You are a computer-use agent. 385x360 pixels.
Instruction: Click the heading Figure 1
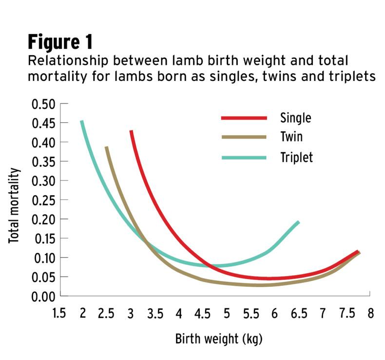coord(59,42)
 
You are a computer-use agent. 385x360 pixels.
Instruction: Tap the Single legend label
coord(295,118)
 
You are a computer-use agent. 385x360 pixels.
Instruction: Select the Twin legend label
coord(291,137)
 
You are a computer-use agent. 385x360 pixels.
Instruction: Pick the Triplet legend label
coord(296,157)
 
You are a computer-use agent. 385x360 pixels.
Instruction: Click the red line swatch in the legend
coord(244,118)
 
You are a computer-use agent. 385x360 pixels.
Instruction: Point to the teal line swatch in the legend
coord(244,158)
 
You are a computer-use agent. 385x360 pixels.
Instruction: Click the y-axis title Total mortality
coord(15,205)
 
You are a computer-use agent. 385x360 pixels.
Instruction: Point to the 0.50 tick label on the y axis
coord(43,104)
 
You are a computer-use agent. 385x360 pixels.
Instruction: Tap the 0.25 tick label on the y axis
coord(43,200)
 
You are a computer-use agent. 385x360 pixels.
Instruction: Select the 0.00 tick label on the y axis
coord(43,296)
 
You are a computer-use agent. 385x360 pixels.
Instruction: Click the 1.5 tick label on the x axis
coord(58,313)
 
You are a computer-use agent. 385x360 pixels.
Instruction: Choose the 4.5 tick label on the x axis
coord(202,313)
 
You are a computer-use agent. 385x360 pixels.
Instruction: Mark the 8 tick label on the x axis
coord(370,313)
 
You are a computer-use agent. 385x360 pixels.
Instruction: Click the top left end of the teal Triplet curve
coord(82,121)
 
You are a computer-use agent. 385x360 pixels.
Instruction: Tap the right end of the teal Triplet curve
coord(298,222)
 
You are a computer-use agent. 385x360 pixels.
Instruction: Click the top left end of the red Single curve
coord(131,131)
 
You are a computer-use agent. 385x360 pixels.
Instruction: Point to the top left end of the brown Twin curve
coord(106,147)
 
